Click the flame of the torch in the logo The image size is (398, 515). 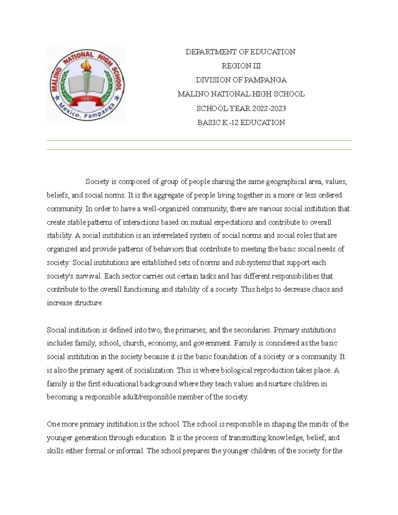click(87, 64)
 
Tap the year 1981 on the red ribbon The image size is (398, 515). click(87, 98)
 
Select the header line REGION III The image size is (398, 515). click(241, 66)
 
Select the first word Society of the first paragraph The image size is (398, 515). click(97, 182)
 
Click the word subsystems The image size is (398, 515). click(253, 263)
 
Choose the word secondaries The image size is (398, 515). click(252, 330)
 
